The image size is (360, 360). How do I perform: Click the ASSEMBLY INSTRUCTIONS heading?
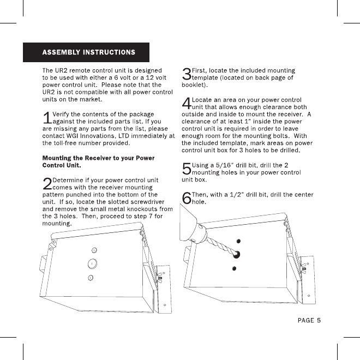tap(89, 53)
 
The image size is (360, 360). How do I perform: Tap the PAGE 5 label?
tap(309, 320)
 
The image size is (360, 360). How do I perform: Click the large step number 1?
tap(46, 117)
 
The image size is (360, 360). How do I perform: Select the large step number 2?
tap(46, 184)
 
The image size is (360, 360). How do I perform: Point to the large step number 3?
tap(186, 74)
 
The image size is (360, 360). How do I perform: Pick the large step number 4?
tap(186, 104)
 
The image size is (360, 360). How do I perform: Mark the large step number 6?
tap(186, 198)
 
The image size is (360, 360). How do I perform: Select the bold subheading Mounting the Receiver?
tap(98, 161)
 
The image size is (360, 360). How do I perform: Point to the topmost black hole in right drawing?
tap(238, 242)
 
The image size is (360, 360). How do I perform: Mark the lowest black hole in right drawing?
tap(235, 268)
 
